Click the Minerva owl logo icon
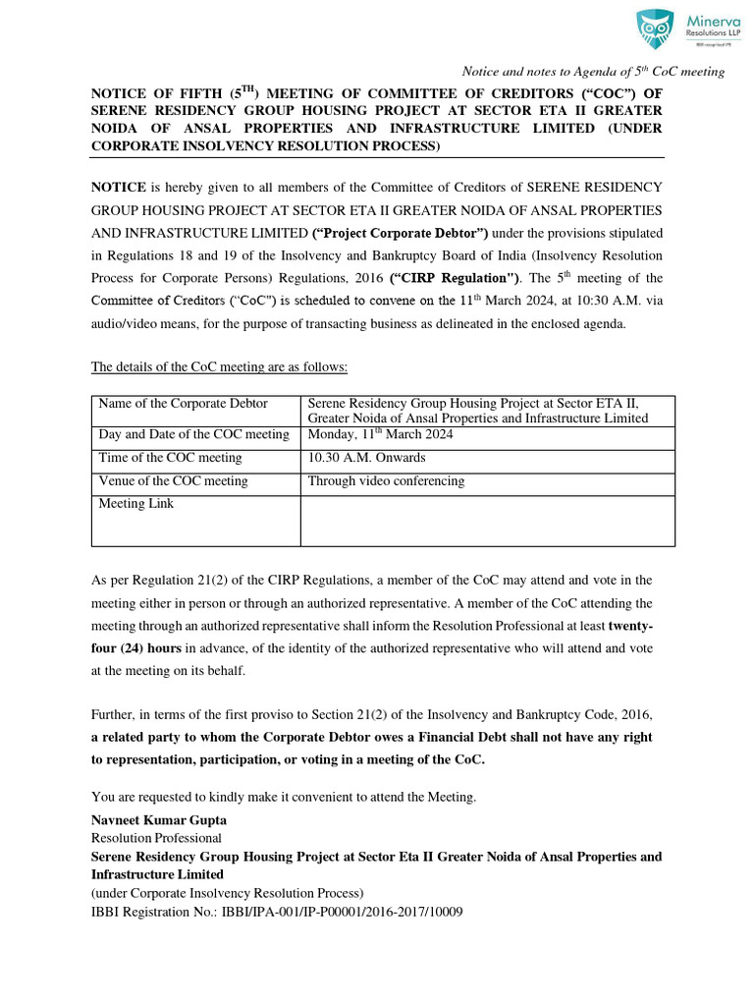[x=654, y=28]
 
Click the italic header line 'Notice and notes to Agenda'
[x=593, y=71]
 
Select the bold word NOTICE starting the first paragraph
[x=119, y=186]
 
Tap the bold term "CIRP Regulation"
[x=455, y=279]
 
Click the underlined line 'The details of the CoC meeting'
[x=219, y=367]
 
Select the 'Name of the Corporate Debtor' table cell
[x=184, y=404]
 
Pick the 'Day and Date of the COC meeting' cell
[x=194, y=435]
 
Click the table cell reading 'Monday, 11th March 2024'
[x=381, y=435]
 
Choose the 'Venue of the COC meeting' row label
[x=174, y=481]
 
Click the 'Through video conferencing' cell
[x=386, y=481]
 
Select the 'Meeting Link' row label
[x=135, y=504]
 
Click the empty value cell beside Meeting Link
[x=487, y=521]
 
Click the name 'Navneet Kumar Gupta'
[x=158, y=820]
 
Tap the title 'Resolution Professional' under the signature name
[x=156, y=838]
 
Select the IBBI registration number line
[x=277, y=912]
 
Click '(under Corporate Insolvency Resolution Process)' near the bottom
[x=227, y=893]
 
